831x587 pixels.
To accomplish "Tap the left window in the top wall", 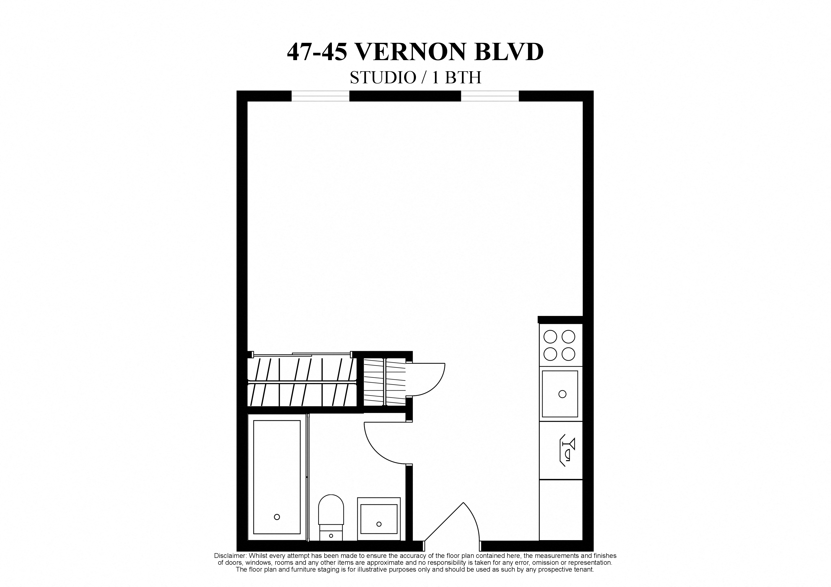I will point(320,96).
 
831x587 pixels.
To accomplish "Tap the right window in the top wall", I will point(490,96).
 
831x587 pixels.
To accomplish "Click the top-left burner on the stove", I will point(550,337).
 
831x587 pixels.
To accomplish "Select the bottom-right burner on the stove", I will point(568,354).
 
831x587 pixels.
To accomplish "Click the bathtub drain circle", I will point(277,517).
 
